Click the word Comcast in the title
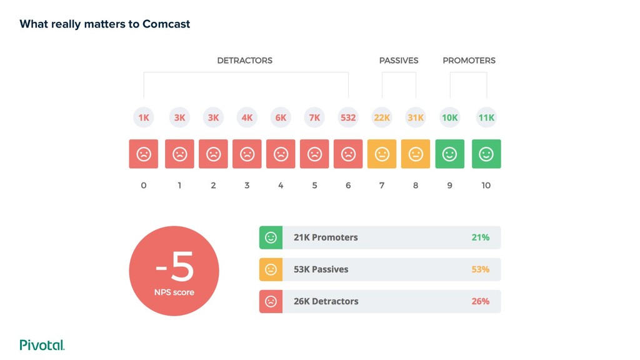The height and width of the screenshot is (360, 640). pyautogui.click(x=166, y=24)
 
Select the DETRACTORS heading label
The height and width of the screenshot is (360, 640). pyautogui.click(x=244, y=61)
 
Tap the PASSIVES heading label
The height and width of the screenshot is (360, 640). pyautogui.click(x=399, y=61)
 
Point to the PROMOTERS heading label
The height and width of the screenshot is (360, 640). pyautogui.click(x=469, y=61)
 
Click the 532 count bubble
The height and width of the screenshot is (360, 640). pyautogui.click(x=348, y=117)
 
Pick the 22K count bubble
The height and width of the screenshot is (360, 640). pyautogui.click(x=382, y=117)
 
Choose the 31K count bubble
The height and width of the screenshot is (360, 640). pyautogui.click(x=416, y=117)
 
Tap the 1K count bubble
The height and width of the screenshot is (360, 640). pyautogui.click(x=144, y=117)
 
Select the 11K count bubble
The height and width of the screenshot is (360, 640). pyautogui.click(x=486, y=117)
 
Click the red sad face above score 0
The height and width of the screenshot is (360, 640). pyautogui.click(x=144, y=154)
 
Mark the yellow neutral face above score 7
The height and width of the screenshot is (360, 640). pyautogui.click(x=382, y=154)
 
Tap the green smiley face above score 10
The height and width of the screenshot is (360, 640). pyautogui.click(x=486, y=154)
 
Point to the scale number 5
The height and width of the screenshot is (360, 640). pyautogui.click(x=314, y=186)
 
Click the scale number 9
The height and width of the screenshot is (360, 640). pyautogui.click(x=449, y=186)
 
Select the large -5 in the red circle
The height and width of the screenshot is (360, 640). pyautogui.click(x=174, y=267)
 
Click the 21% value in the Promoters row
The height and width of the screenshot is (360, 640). pyautogui.click(x=480, y=237)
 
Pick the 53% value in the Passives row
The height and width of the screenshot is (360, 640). pyautogui.click(x=480, y=269)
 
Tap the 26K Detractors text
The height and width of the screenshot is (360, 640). pyautogui.click(x=326, y=301)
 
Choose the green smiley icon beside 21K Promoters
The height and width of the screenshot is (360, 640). pyautogui.click(x=271, y=237)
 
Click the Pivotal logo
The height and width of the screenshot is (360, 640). pyautogui.click(x=42, y=344)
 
